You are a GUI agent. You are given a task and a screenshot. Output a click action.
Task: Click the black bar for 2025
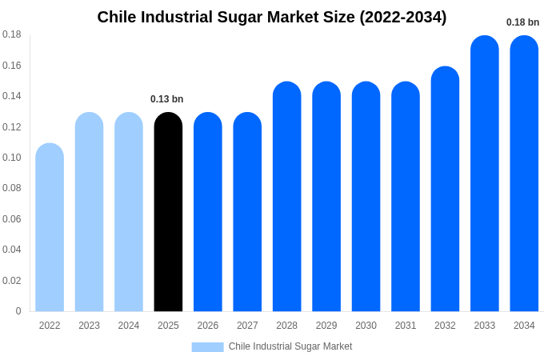point(168,212)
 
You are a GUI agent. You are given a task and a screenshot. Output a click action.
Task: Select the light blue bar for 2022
point(50,228)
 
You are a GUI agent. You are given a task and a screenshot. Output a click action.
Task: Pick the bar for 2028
point(286,197)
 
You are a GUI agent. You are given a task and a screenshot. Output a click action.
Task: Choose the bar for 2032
point(445,189)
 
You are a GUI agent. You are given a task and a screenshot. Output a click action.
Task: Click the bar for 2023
point(89,212)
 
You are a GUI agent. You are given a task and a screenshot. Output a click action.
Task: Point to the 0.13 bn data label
point(167,99)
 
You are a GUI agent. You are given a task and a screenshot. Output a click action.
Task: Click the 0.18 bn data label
point(523,22)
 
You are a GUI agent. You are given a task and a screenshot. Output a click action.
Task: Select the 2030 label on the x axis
point(366,326)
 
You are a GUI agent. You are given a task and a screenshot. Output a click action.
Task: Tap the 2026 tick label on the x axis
point(208,326)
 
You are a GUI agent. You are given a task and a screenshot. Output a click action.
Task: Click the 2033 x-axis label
point(484,326)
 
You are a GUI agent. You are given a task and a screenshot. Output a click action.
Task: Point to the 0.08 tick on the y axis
point(12,188)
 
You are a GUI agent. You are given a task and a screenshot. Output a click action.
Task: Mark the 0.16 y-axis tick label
point(12,66)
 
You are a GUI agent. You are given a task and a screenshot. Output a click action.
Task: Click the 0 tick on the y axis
point(18,311)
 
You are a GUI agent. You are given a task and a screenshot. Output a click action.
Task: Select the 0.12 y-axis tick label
point(12,127)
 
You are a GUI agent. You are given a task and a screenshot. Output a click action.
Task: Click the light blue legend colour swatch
point(207,346)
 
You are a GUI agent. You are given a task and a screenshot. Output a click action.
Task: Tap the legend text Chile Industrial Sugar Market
point(290,346)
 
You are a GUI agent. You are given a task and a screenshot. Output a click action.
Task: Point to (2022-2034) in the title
point(403,17)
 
